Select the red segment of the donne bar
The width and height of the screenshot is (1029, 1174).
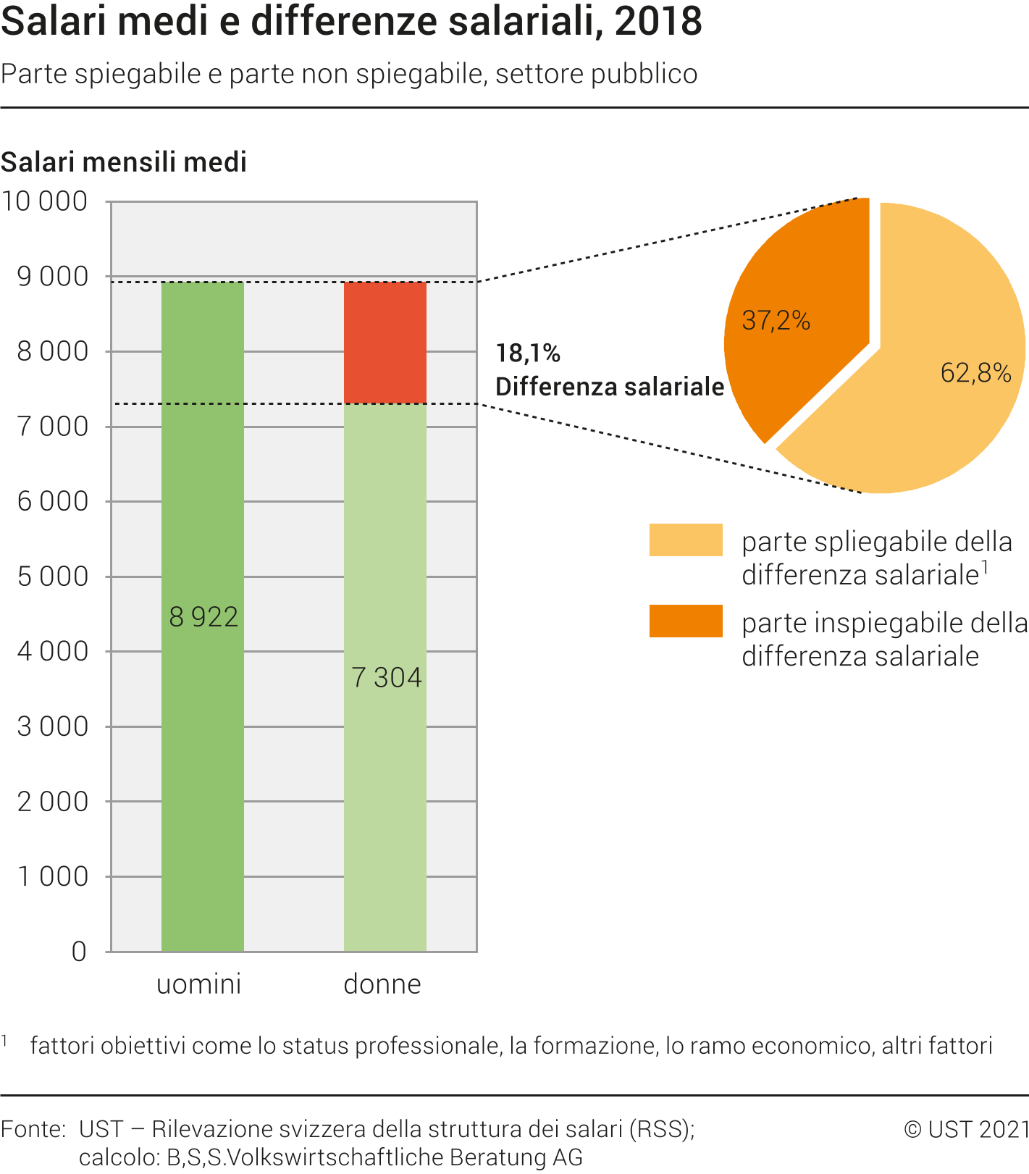[x=385, y=343]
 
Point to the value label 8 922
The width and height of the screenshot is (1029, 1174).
[x=203, y=617]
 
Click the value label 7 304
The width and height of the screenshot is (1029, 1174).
[x=386, y=678]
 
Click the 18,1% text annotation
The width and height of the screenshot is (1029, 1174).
[x=528, y=353]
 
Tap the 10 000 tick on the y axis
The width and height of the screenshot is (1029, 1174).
[x=45, y=201]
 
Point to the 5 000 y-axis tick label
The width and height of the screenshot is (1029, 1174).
[x=52, y=576]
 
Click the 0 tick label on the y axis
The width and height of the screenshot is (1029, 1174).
[x=79, y=952]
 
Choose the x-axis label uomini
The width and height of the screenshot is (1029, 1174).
[x=199, y=984]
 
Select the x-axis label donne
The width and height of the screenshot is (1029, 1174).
[x=382, y=984]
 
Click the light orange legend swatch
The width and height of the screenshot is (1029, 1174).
[x=686, y=540]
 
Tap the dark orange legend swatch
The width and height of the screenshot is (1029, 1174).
[x=686, y=621]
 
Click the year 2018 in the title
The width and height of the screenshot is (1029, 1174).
[x=658, y=22]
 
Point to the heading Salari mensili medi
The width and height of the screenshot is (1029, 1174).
[x=124, y=162]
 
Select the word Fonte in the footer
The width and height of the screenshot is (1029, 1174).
[x=32, y=1129]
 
